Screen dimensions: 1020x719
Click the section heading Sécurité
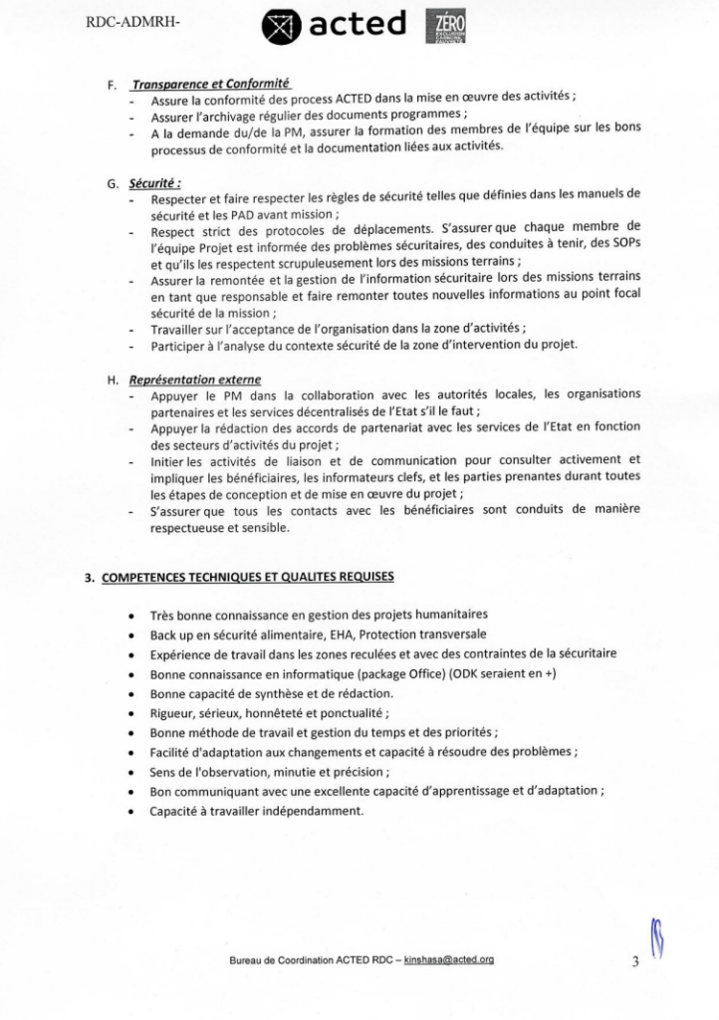tap(155, 184)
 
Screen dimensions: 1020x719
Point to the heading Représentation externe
tap(195, 380)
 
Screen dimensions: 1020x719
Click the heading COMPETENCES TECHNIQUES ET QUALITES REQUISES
tap(248, 576)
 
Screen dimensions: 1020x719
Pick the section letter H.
tap(112, 381)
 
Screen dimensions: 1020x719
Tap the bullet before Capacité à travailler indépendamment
tap(132, 811)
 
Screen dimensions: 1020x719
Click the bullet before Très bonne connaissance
tap(132, 615)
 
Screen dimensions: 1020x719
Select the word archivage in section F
tap(239, 116)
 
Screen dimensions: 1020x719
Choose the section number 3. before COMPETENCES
tap(89, 577)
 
